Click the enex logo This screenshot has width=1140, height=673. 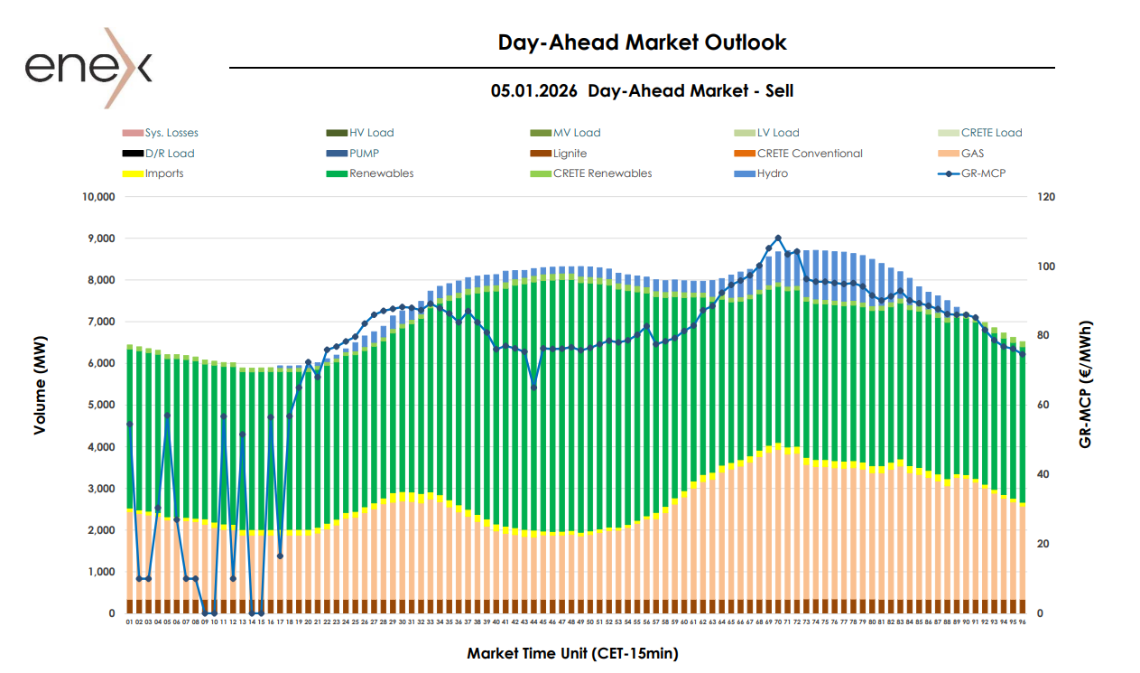pyautogui.click(x=88, y=68)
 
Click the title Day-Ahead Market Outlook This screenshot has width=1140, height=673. pyautogui.click(x=642, y=42)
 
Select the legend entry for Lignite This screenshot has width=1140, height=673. pyautogui.click(x=570, y=154)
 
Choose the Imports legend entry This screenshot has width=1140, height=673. pyautogui.click(x=164, y=173)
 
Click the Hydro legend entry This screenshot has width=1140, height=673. pyautogui.click(x=772, y=173)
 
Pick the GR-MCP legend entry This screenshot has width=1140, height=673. pyautogui.click(x=982, y=173)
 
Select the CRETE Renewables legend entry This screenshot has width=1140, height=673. pyautogui.click(x=602, y=173)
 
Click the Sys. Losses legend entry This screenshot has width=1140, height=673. pyautogui.click(x=171, y=133)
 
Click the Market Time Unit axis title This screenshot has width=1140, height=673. pyautogui.click(x=572, y=652)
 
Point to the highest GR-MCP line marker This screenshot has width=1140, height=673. pyautogui.click(x=778, y=238)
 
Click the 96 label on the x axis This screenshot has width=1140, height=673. pyautogui.click(x=1023, y=622)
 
